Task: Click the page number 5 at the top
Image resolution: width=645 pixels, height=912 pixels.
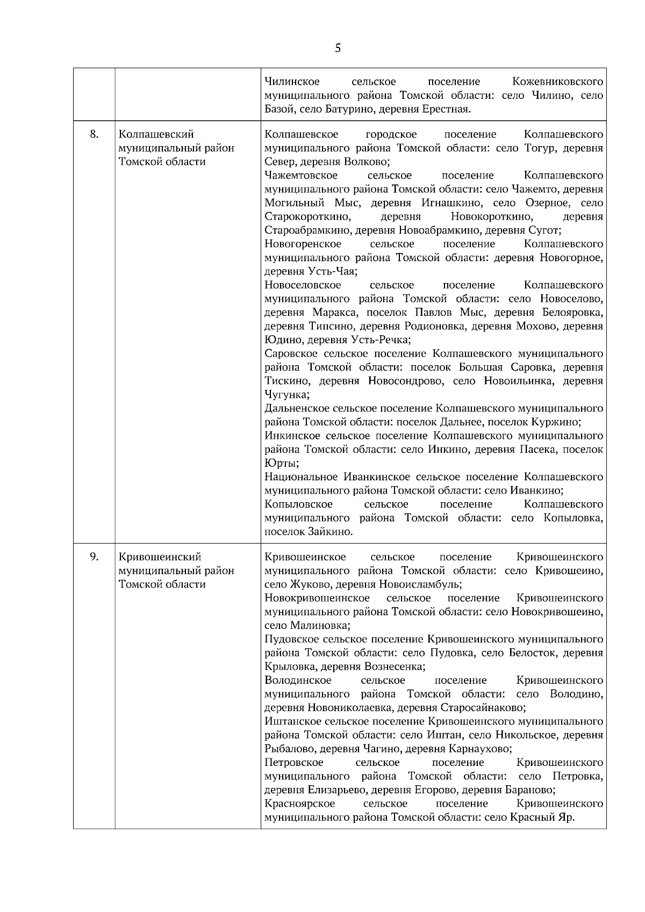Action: coord(338,48)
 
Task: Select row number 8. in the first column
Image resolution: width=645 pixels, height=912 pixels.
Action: coord(94,134)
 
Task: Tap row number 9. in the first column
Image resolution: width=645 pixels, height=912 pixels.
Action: coord(94,556)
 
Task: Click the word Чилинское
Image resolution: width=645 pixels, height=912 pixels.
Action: coord(292,82)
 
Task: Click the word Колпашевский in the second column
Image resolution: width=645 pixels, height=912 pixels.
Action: coord(156,134)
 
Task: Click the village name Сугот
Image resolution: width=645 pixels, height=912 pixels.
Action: coord(545,230)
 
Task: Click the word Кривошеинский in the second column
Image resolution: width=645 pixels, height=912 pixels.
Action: coord(160,556)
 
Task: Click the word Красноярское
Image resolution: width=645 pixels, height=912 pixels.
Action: coord(300,804)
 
